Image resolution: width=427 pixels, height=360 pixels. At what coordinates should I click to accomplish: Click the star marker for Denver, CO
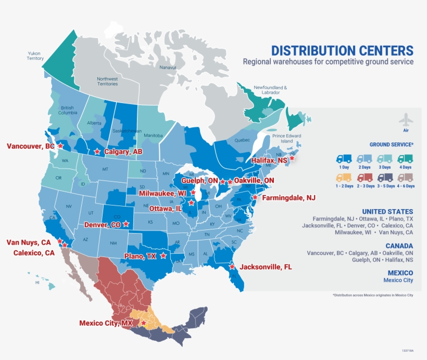coord(126,224)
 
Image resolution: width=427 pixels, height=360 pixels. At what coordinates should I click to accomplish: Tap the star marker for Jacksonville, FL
coord(232,266)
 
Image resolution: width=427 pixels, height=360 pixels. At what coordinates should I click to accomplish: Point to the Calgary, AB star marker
coord(97,151)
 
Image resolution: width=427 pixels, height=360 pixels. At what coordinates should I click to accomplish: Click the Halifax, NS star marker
coord(292,158)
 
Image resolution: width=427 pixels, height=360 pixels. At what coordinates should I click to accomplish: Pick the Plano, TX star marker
coord(164,255)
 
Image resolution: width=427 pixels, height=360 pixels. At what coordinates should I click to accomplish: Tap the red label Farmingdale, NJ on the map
coord(288,198)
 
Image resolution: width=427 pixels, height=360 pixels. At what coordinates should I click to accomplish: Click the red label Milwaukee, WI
coord(162,193)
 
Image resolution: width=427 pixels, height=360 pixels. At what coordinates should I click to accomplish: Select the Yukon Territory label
coord(35,56)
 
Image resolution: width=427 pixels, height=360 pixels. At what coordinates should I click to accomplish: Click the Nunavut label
coord(168,68)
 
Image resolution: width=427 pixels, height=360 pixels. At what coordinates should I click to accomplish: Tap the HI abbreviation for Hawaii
coord(37,282)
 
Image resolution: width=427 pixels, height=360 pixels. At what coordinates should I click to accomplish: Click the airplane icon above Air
coord(406,120)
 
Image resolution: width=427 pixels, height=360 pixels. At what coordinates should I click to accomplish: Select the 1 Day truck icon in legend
coord(344,159)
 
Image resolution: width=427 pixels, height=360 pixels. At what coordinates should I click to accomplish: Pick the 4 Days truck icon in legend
coord(405,159)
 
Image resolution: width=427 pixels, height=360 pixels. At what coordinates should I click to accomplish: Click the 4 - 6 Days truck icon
coord(405,177)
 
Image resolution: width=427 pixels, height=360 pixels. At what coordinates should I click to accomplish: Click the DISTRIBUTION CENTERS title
coord(342,51)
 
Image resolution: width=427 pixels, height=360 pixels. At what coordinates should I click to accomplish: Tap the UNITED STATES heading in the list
coord(387,212)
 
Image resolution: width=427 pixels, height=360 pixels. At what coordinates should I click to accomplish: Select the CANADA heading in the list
coord(399,246)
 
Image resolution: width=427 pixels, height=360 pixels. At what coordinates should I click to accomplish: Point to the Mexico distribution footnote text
coord(373,295)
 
